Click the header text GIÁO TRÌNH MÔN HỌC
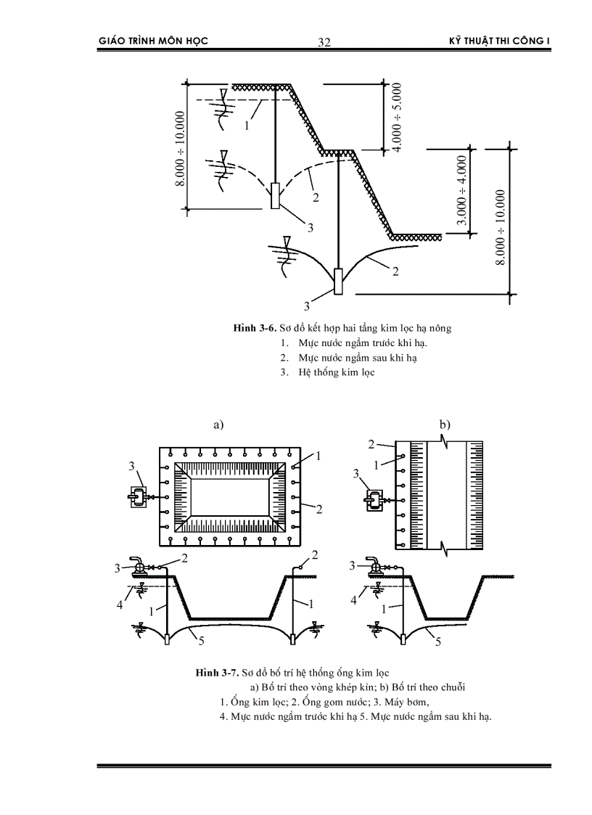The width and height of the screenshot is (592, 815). (x=153, y=41)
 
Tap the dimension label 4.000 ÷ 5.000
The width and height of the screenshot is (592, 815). (x=397, y=117)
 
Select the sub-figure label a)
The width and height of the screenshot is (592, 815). (x=218, y=425)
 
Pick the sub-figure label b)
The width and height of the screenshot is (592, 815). (x=444, y=424)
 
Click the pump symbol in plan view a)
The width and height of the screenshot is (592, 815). (x=136, y=497)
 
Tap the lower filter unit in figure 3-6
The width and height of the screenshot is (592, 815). (x=338, y=280)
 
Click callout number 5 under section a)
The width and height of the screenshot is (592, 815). (x=202, y=639)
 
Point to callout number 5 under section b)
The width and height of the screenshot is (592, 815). (x=437, y=641)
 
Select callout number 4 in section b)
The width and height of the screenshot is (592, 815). (x=354, y=600)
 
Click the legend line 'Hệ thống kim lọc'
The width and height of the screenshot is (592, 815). (x=336, y=372)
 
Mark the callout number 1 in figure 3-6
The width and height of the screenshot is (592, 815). (x=247, y=125)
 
